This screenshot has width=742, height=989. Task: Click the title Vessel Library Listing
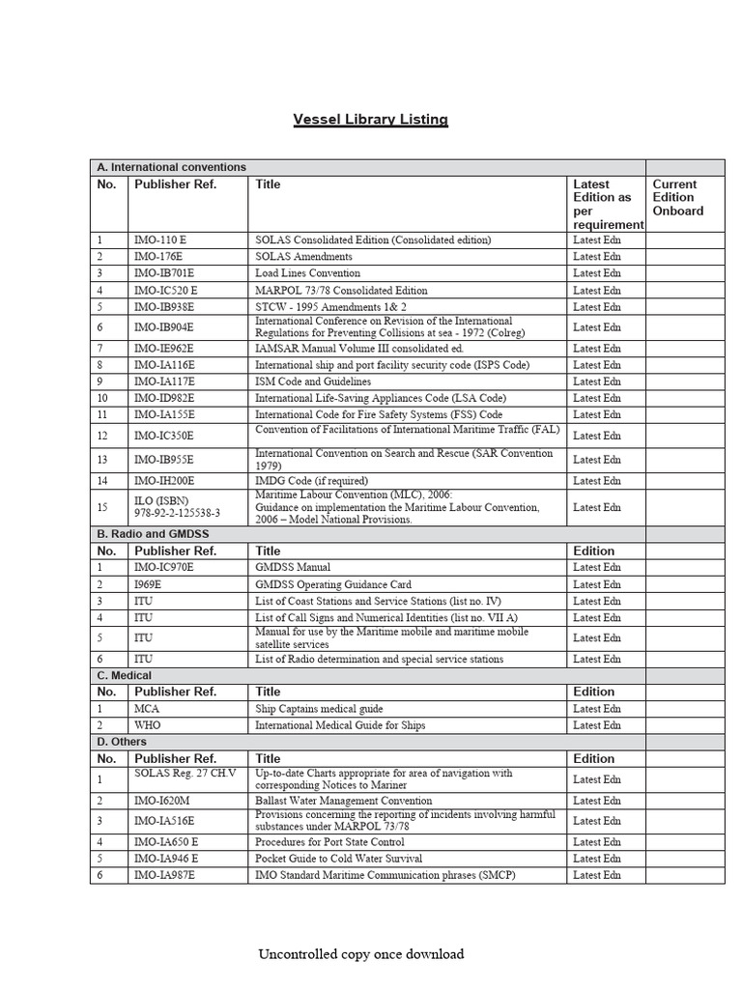pyautogui.click(x=371, y=120)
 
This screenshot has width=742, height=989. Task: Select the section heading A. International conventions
pyautogui.click(x=171, y=167)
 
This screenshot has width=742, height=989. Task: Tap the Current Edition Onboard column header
pyautogui.click(x=678, y=197)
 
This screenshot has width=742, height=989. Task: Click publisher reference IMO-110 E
pyautogui.click(x=166, y=240)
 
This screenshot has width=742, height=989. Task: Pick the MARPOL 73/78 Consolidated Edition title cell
pyautogui.click(x=341, y=290)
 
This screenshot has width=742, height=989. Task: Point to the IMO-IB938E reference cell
pyautogui.click(x=164, y=306)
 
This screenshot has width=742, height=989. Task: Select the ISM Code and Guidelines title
pyautogui.click(x=315, y=381)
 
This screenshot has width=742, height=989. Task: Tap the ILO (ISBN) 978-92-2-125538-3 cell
pyautogui.click(x=177, y=506)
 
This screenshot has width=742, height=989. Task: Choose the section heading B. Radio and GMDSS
pyautogui.click(x=153, y=533)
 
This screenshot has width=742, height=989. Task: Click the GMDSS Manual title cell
pyautogui.click(x=293, y=567)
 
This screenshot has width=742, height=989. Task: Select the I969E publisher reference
pyautogui.click(x=150, y=584)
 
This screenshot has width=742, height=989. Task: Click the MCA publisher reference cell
pyautogui.click(x=146, y=708)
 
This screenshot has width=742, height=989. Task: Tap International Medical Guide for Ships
pyautogui.click(x=340, y=725)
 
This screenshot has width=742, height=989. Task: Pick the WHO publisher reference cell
pyautogui.click(x=148, y=725)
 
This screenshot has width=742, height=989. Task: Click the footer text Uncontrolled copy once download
pyautogui.click(x=360, y=954)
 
